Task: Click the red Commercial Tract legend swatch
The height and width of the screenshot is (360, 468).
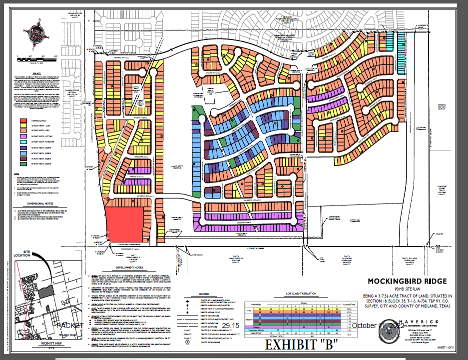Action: (x=23, y=120)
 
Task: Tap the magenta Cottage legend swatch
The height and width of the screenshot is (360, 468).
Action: (x=23, y=136)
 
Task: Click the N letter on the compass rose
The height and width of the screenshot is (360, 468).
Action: (x=37, y=20)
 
